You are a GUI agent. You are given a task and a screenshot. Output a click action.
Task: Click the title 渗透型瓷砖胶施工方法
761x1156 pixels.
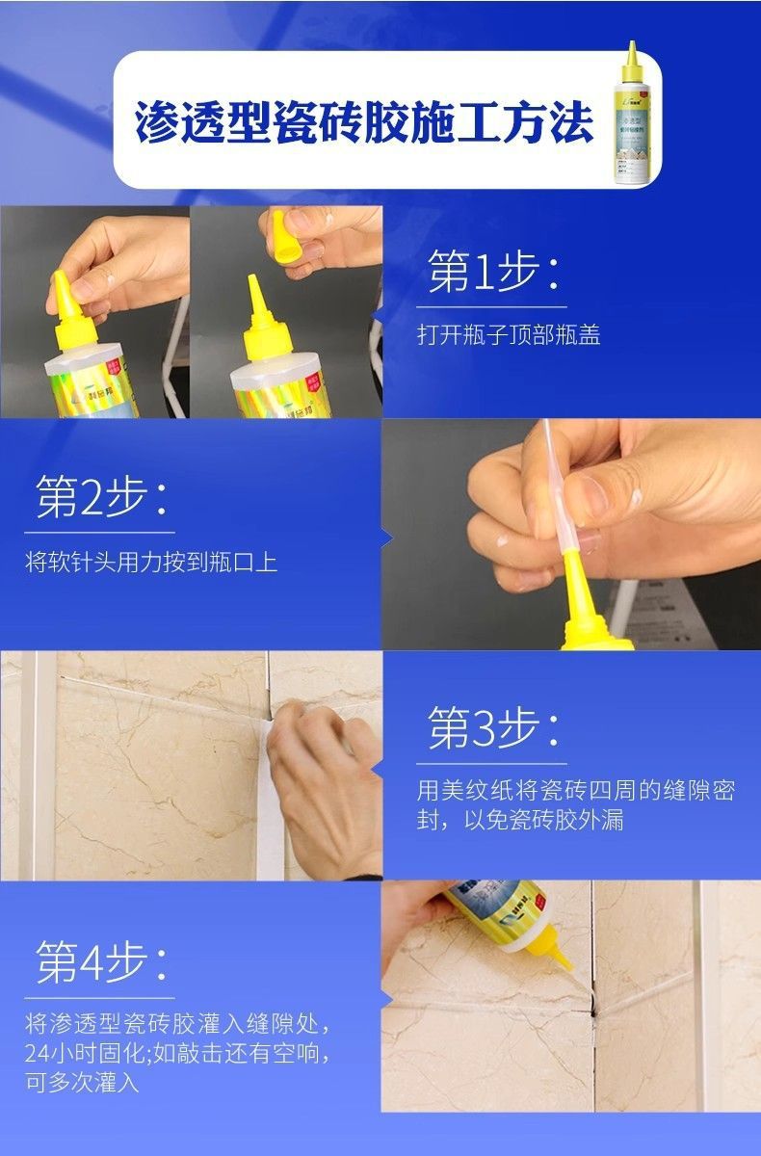363,121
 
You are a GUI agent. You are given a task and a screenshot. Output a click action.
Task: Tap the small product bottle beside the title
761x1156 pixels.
632,116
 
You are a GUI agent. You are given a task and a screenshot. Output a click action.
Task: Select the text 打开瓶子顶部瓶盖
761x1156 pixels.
509,335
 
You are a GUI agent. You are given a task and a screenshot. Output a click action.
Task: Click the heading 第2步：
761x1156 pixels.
101,499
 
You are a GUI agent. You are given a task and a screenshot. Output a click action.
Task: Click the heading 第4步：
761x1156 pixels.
101,962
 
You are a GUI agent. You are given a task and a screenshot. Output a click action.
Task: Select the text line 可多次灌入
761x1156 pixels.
83,1083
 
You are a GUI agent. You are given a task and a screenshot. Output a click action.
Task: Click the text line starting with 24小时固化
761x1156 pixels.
178,1052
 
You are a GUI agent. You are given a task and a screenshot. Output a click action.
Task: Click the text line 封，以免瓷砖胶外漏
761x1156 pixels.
521,822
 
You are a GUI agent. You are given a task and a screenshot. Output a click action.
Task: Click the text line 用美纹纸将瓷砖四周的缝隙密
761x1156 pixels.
575,791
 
